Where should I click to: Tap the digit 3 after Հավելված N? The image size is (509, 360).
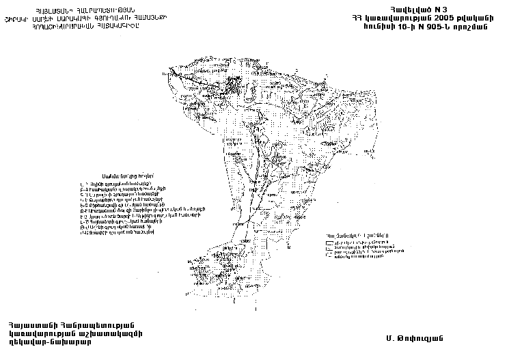pyautogui.click(x=442, y=6)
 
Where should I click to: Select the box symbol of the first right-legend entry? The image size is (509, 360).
pyautogui.click(x=329, y=243)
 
